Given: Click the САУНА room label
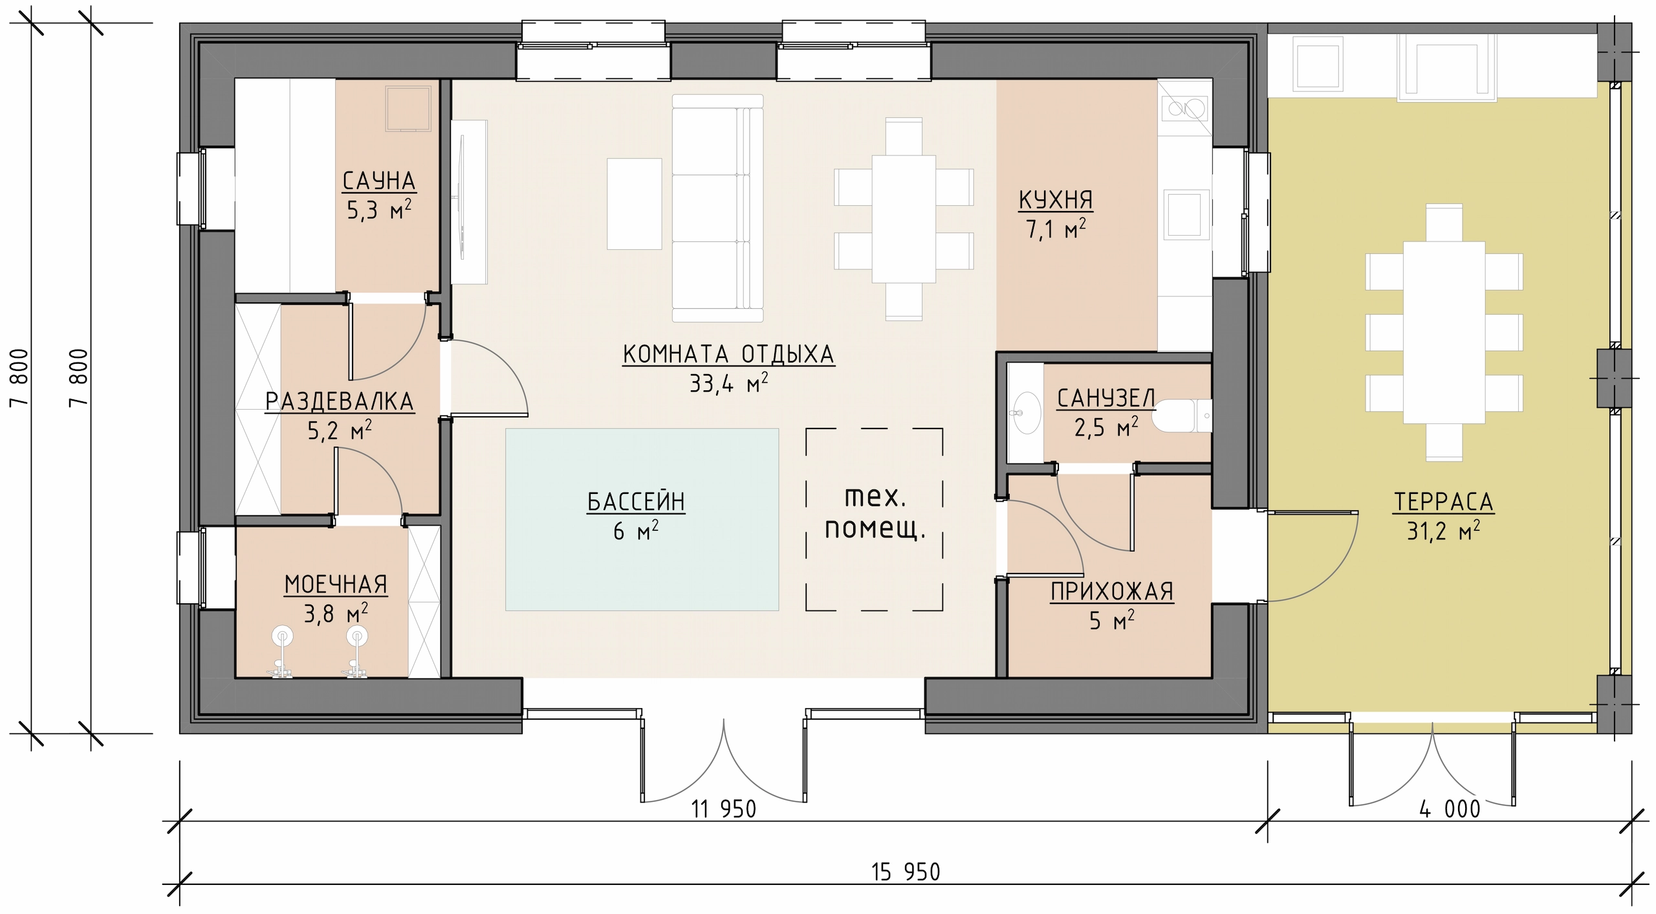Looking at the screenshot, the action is [x=379, y=181].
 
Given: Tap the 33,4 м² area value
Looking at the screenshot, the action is [x=729, y=383].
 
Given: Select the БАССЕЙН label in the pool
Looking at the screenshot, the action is [x=636, y=502].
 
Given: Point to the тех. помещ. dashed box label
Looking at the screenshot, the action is [x=875, y=515].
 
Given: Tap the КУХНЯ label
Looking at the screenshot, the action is [x=1056, y=201].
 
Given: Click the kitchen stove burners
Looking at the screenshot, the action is [x=1184, y=117].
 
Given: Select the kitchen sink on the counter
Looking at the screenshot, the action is [x=1187, y=214].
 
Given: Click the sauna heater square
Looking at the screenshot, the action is [x=408, y=108].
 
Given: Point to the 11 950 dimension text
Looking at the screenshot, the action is [x=724, y=808].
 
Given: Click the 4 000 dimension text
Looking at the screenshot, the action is [x=1450, y=808].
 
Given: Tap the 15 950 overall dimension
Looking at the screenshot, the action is [x=906, y=872].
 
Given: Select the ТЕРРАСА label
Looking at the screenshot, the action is [x=1444, y=502].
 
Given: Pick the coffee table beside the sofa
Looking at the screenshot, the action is [x=634, y=204].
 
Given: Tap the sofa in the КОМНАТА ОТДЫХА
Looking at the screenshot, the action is [x=718, y=208].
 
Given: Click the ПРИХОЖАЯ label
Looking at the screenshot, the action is [x=1112, y=592].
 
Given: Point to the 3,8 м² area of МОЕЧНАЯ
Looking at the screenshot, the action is [x=336, y=612].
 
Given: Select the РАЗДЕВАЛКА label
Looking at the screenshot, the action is [x=340, y=402].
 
